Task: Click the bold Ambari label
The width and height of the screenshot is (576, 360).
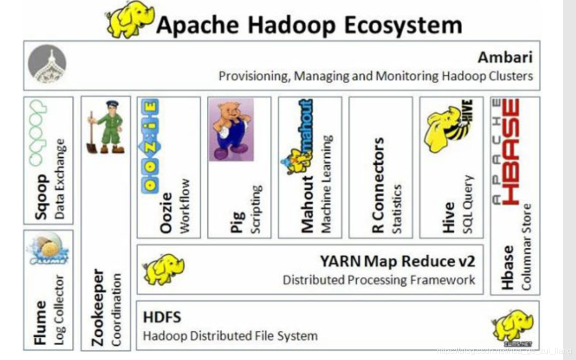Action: (x=505, y=57)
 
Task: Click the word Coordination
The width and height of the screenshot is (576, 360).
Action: (x=117, y=309)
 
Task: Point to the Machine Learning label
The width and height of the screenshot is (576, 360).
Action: (x=326, y=183)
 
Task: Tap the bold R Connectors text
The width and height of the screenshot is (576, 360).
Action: (x=378, y=185)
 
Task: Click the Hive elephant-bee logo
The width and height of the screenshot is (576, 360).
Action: (x=448, y=126)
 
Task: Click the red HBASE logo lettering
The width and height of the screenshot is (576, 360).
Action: (x=511, y=151)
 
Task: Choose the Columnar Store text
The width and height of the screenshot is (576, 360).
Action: (x=527, y=247)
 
